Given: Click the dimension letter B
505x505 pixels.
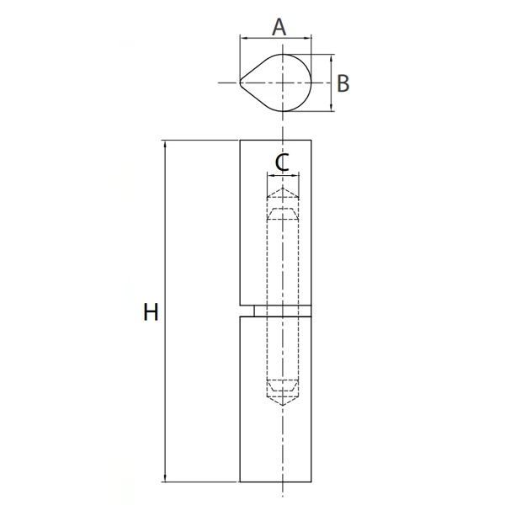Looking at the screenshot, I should [x=343, y=83].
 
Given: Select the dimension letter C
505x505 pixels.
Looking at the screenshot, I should [x=283, y=162].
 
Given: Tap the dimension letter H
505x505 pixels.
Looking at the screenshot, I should [x=151, y=313].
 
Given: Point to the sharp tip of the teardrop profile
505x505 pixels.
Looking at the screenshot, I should [x=240, y=82].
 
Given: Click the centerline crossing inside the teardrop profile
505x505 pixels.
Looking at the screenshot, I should [x=283, y=82].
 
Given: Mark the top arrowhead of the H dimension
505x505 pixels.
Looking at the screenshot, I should [x=166, y=143].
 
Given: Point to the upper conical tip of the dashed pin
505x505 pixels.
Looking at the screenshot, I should [x=283, y=191].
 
